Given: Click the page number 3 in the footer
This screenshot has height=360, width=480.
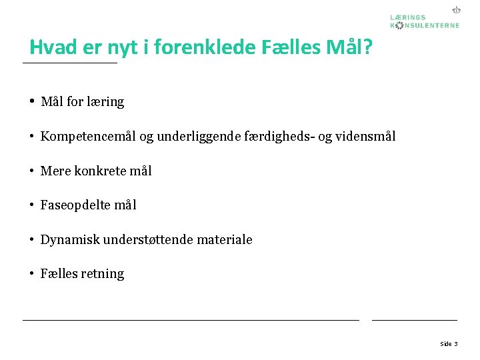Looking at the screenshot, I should (455, 344).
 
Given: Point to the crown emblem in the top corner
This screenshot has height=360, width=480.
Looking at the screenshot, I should (457, 10).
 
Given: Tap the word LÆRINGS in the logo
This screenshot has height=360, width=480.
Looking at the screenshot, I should (409, 17).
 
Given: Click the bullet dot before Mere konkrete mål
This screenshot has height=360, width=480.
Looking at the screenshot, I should (31, 171).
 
